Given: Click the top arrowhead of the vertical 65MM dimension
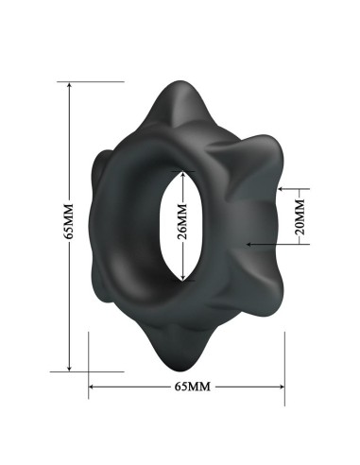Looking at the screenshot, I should pyautogui.click(x=69, y=85).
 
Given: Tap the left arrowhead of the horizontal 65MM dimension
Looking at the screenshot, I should pyautogui.click(x=92, y=386).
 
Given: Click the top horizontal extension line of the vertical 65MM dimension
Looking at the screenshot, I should pyautogui.click(x=94, y=82).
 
